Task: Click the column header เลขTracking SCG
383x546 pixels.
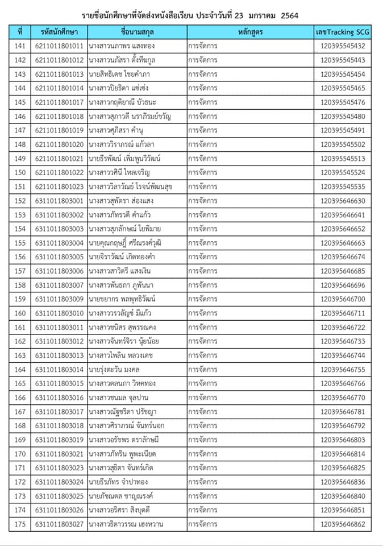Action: (x=343, y=32)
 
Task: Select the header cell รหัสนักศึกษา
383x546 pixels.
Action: (x=59, y=32)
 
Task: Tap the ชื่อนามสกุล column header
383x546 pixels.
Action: (x=136, y=32)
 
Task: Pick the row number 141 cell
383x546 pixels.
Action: (x=20, y=46)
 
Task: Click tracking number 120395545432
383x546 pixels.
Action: (x=343, y=46)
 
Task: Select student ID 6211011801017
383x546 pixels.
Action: (x=59, y=102)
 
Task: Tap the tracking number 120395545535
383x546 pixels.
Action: (x=343, y=187)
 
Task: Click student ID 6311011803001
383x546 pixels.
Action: (x=59, y=201)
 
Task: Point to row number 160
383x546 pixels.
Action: (x=20, y=313)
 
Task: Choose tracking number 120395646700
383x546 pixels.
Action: (x=343, y=299)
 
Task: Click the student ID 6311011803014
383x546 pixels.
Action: (x=59, y=370)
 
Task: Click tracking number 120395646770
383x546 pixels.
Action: (x=343, y=398)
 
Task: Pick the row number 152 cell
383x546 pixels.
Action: (x=20, y=201)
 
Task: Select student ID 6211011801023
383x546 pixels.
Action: (x=59, y=187)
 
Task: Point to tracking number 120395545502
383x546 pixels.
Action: (x=343, y=144)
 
